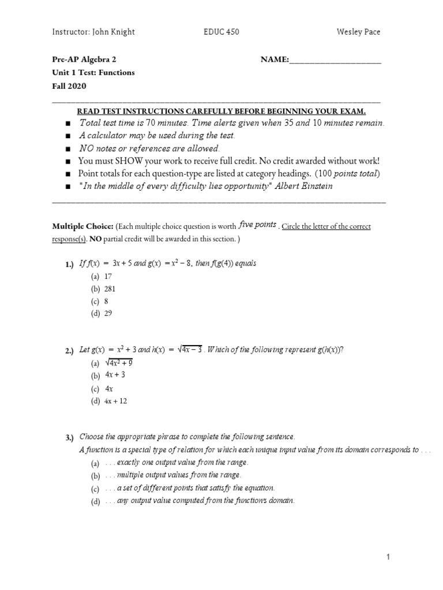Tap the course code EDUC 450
tap(221, 32)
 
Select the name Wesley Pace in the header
tap(359, 32)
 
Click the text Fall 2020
tap(69, 86)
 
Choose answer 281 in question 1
tap(110, 289)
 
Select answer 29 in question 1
tap(108, 313)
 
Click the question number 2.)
tap(70, 351)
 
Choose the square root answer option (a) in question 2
tap(119, 363)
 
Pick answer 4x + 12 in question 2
tap(115, 401)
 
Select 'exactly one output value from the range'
tap(182, 463)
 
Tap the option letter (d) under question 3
tap(95, 501)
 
